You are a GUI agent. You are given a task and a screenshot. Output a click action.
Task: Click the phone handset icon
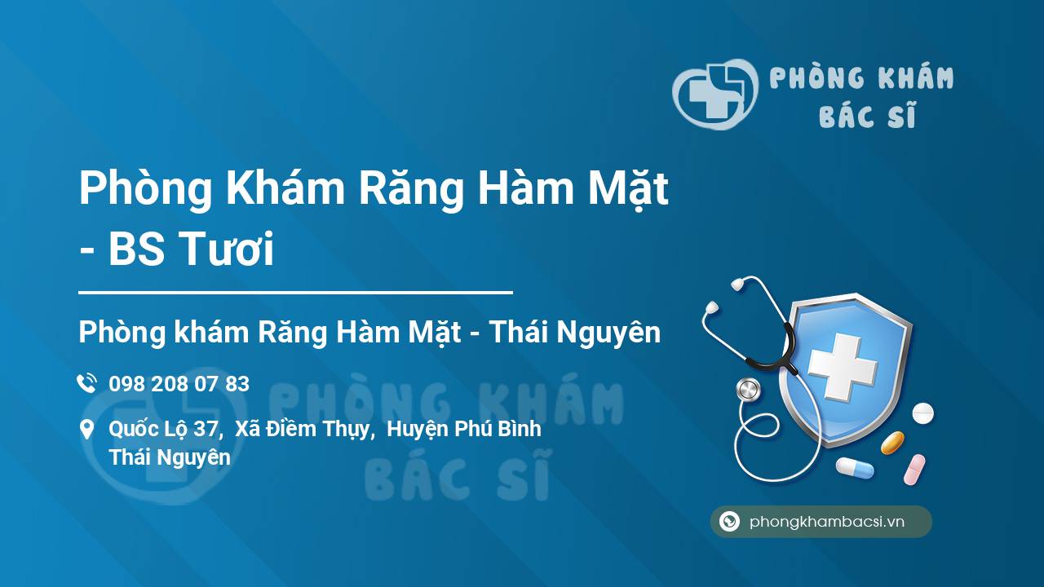pyautogui.click(x=86, y=383)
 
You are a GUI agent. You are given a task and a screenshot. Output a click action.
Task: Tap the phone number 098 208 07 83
pyautogui.click(x=179, y=384)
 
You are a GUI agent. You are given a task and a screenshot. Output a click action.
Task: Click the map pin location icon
pyautogui.click(x=86, y=430)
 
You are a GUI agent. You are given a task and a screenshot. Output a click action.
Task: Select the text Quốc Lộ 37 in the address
pyautogui.click(x=164, y=429)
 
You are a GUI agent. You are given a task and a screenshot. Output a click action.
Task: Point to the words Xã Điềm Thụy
pyautogui.click(x=305, y=429)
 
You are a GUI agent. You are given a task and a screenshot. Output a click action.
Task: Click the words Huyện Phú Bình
pyautogui.click(x=464, y=429)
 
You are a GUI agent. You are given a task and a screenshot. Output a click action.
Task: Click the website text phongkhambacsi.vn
pyautogui.click(x=827, y=522)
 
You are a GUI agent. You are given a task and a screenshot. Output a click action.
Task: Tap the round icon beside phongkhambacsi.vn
pyautogui.click(x=729, y=521)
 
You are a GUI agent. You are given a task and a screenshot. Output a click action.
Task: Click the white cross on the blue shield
pyautogui.click(x=843, y=367)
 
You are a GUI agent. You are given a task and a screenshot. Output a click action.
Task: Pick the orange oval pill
pyautogui.click(x=892, y=443)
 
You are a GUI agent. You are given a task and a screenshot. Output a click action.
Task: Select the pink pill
pyautogui.click(x=914, y=470)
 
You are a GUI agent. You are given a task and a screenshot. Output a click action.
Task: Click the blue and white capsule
pyautogui.click(x=855, y=468)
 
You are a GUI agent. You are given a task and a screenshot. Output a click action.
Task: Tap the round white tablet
pyautogui.click(x=922, y=413)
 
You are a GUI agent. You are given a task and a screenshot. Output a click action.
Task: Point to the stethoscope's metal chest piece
pyautogui.click(x=749, y=390)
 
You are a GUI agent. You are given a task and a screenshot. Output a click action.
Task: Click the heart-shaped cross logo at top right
pyautogui.click(x=714, y=94)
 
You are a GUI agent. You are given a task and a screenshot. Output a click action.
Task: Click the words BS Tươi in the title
pyautogui.click(x=191, y=249)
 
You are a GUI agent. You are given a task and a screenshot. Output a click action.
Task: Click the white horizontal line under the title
pyautogui.click(x=295, y=293)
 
